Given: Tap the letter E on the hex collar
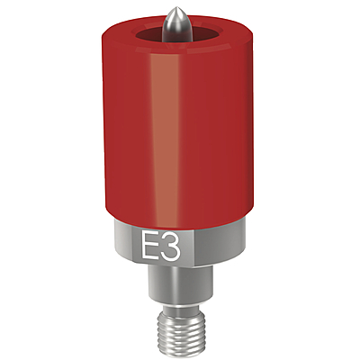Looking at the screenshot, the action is click(x=149, y=245).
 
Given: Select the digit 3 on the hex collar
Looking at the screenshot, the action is click(x=170, y=245).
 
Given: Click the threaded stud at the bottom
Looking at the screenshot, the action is click(x=179, y=331).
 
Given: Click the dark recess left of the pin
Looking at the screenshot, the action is click(x=149, y=35).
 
